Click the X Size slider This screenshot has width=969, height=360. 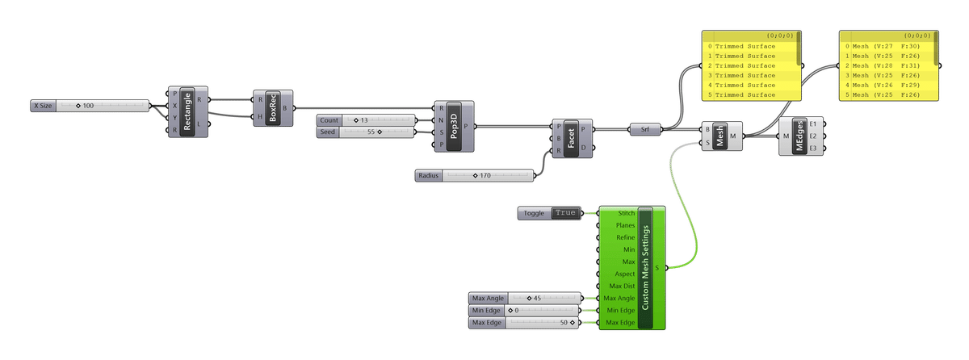pyautogui.click(x=89, y=106)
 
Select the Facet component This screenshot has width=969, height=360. pyautogui.click(x=572, y=136)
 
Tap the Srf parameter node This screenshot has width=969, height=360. pyautogui.click(x=644, y=128)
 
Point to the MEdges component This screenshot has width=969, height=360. pyautogui.click(x=799, y=136)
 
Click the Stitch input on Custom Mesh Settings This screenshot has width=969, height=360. pyautogui.click(x=625, y=213)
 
